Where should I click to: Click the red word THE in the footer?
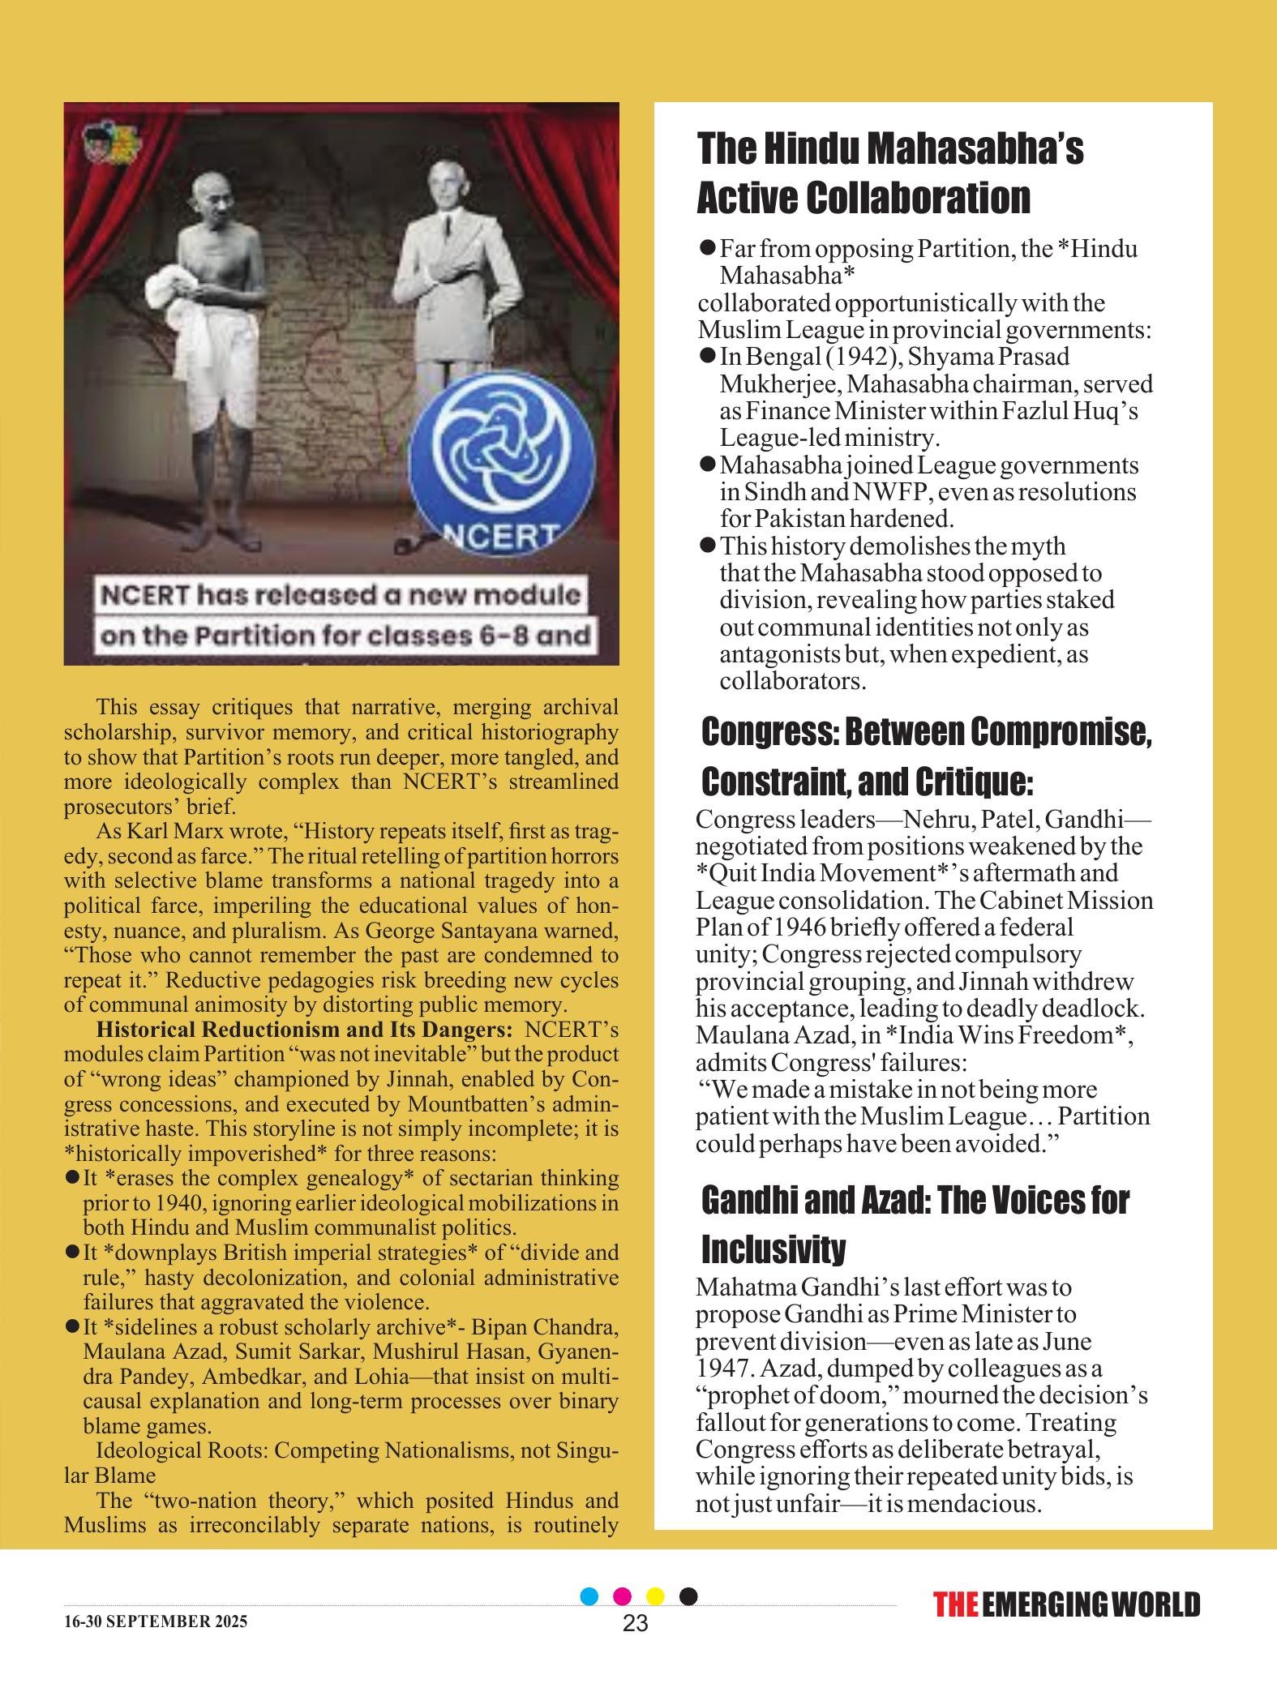(955, 1604)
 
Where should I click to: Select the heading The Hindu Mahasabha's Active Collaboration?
(890, 173)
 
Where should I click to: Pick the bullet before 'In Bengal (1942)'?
(706, 355)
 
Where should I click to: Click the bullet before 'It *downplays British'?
(71, 1253)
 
